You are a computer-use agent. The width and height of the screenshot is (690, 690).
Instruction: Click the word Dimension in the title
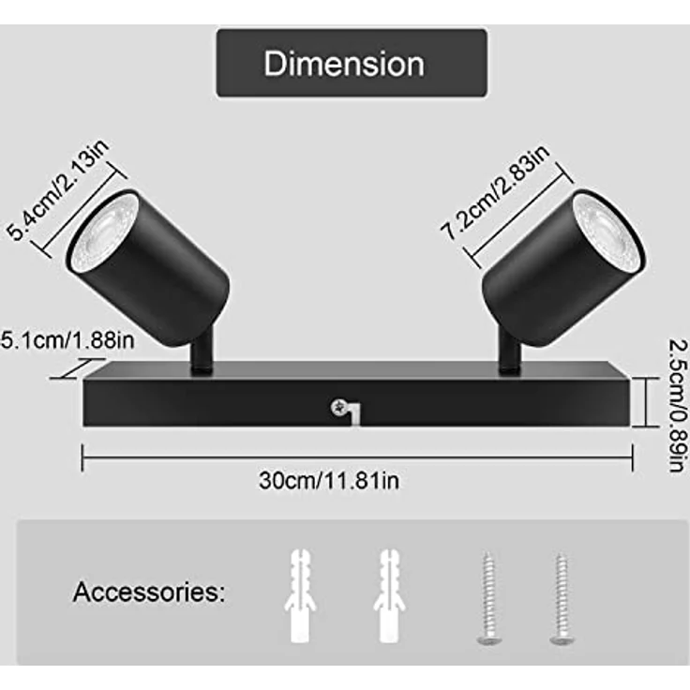pyautogui.click(x=344, y=64)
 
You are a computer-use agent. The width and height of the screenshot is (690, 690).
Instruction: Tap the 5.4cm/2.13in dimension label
pyautogui.click(x=58, y=190)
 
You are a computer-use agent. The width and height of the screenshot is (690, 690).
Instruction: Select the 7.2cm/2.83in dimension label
pyautogui.click(x=495, y=192)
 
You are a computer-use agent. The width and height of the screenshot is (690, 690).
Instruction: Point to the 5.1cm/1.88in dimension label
pyautogui.click(x=67, y=340)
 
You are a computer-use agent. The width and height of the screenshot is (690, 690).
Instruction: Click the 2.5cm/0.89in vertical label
pyautogui.click(x=678, y=405)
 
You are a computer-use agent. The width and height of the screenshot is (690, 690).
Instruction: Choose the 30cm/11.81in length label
pyautogui.click(x=329, y=480)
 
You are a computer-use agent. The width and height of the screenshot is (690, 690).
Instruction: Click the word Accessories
pyautogui.click(x=149, y=592)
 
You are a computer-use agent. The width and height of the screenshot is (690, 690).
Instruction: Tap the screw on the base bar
pyautogui.click(x=338, y=408)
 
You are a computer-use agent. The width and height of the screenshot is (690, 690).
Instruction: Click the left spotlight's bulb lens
pyautogui.click(x=103, y=229)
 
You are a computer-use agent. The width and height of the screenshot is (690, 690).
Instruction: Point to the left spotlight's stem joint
pyautogui.click(x=202, y=349)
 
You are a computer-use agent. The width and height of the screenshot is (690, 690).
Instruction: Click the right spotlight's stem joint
pyautogui.click(x=510, y=352)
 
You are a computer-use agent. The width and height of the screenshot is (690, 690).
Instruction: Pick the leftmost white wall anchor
pyautogui.click(x=300, y=595)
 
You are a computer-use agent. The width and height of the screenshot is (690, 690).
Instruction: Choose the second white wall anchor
pyautogui.click(x=389, y=595)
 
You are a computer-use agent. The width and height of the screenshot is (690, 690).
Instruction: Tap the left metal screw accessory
pyautogui.click(x=488, y=598)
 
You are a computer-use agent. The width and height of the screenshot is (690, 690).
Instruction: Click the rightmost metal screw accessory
pyautogui.click(x=562, y=598)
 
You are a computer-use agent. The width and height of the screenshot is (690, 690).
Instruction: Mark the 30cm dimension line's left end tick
pyautogui.click(x=82, y=457)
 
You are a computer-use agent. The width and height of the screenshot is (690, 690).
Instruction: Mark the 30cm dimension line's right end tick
pyautogui.click(x=633, y=457)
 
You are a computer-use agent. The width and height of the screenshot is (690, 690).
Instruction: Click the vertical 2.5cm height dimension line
pyautogui.click(x=646, y=402)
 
